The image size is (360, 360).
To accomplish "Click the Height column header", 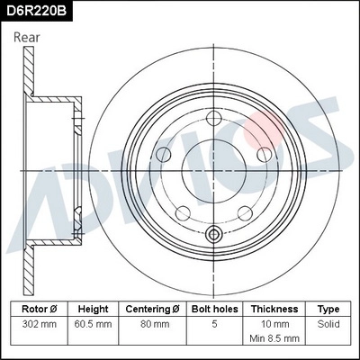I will click(94, 308).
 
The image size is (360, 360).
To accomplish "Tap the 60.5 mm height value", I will click(94, 322).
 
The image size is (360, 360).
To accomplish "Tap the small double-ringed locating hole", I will click(214, 236).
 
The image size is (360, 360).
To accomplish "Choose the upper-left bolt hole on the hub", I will click(166, 154).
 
